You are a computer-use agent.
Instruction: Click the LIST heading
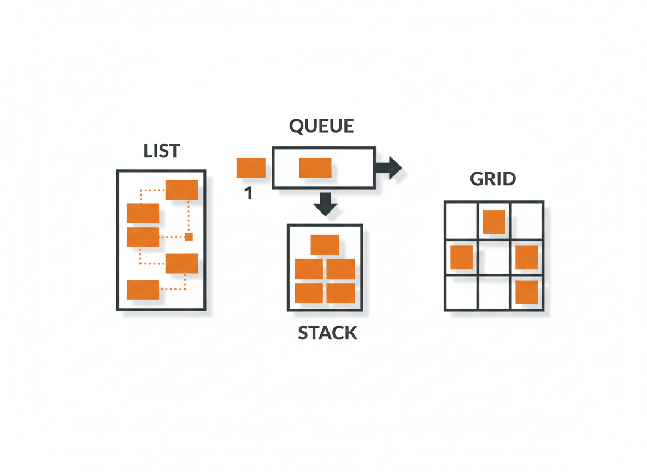pos(162,151)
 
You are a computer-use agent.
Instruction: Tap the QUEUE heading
pos(321,126)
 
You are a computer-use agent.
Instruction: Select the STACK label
pos(327,332)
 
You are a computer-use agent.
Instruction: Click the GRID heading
pos(493,179)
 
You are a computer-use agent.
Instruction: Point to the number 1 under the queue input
pos(248,193)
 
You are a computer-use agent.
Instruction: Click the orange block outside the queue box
pos(251,168)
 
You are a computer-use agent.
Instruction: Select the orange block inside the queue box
pos(315,168)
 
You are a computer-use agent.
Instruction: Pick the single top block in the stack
pos(325,245)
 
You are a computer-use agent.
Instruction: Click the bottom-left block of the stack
pos(309,293)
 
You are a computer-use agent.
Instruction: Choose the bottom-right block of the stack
pos(341,293)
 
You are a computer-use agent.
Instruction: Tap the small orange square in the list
pos(189,237)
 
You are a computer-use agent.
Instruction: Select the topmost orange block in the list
pos(181,190)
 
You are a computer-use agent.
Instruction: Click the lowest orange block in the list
pos(143,290)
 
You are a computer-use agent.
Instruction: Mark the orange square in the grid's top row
pos(494,222)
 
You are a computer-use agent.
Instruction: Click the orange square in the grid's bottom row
pos(527,292)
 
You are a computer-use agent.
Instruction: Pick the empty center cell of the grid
pos(494,257)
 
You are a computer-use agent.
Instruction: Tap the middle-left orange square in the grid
pos(461,257)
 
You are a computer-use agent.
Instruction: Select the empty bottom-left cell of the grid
pos(461,293)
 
